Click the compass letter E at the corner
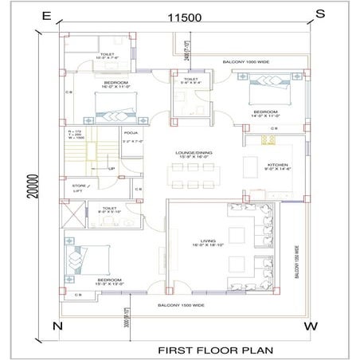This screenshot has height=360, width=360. point(46,15)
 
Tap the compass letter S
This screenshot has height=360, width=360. point(320,14)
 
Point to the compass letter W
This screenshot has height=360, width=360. point(312,327)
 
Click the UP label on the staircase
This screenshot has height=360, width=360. point(112,169)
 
